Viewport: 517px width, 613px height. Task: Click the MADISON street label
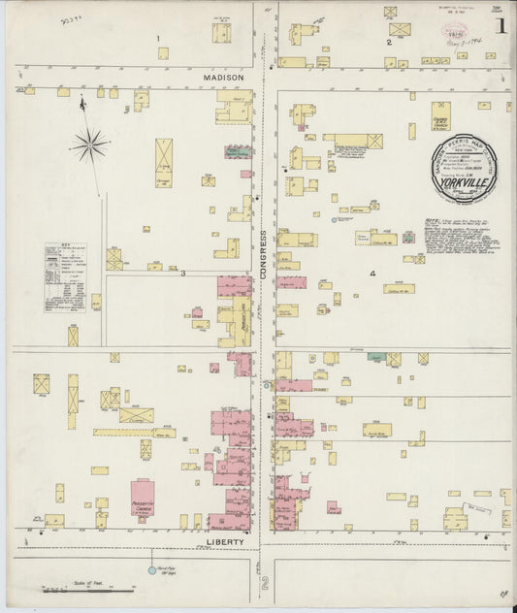(x=223, y=77)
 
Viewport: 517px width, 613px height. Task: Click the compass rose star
(x=89, y=145)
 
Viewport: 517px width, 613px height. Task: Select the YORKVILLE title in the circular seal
(x=465, y=178)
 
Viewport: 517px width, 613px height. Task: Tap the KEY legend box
(x=65, y=276)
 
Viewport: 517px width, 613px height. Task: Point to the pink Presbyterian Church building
(x=143, y=497)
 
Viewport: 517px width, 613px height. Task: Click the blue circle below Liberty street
(x=151, y=570)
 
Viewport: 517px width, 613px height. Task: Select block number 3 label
(x=181, y=274)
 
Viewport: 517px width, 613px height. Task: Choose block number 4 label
(x=372, y=274)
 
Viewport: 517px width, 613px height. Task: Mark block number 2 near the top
(x=388, y=43)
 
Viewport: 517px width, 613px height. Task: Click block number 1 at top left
(x=158, y=38)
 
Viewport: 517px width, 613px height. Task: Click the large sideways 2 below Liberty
(x=263, y=583)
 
